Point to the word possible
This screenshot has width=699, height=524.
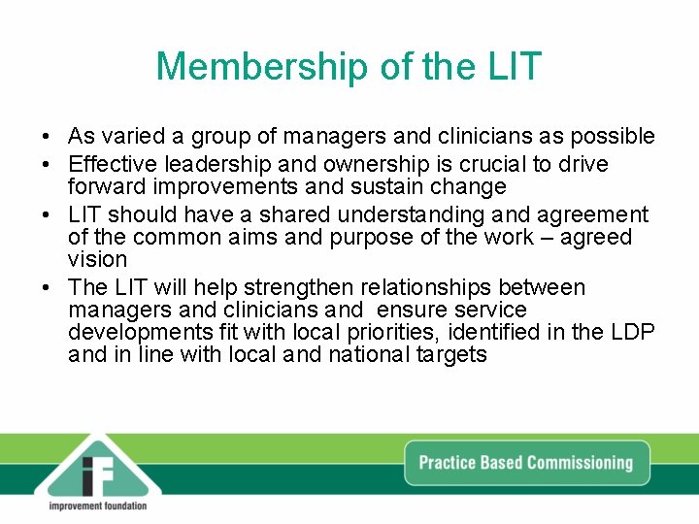point(616,137)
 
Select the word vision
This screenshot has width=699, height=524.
point(98,260)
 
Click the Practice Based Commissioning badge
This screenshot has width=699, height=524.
point(525,462)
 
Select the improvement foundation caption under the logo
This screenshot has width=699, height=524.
point(97,506)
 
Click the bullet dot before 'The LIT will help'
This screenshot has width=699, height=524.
point(47,288)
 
